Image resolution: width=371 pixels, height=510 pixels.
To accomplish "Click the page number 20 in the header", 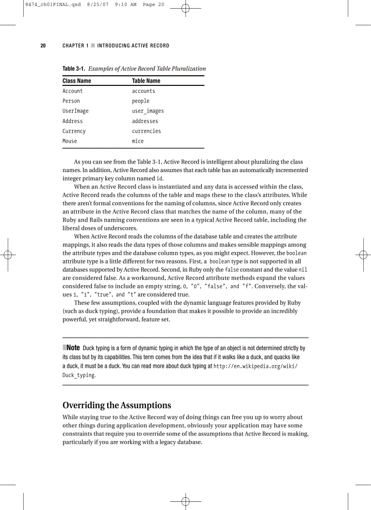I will click(x=43, y=45).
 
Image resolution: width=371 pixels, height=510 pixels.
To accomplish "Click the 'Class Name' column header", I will click(x=76, y=81).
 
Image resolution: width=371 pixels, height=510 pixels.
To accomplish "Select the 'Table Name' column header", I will click(x=146, y=81).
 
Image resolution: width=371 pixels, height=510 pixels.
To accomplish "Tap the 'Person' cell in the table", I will click(x=71, y=101).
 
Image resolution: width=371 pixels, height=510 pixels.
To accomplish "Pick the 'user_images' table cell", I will click(x=148, y=111).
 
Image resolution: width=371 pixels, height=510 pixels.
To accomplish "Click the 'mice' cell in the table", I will click(x=138, y=141).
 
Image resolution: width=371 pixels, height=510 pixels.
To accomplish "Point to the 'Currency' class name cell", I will click(x=74, y=131).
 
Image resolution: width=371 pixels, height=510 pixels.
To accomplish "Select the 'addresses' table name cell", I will click(x=145, y=121).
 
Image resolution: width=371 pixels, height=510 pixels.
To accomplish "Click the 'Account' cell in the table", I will click(x=72, y=91).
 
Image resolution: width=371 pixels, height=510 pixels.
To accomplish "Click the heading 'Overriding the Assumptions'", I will click(x=116, y=405).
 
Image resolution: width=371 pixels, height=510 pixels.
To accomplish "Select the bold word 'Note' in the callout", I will click(x=73, y=348).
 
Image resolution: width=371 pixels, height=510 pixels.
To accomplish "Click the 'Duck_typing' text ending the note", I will click(x=79, y=376).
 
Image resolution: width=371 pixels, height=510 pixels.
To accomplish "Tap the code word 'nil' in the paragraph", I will click(x=303, y=270).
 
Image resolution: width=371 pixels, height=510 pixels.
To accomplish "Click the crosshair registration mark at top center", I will click(x=185, y=9).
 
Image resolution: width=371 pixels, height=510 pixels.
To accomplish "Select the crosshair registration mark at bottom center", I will click(x=185, y=501).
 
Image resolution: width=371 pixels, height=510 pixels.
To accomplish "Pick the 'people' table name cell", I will click(x=140, y=101).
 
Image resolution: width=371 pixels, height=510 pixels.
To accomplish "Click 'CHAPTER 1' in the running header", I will click(x=75, y=45).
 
